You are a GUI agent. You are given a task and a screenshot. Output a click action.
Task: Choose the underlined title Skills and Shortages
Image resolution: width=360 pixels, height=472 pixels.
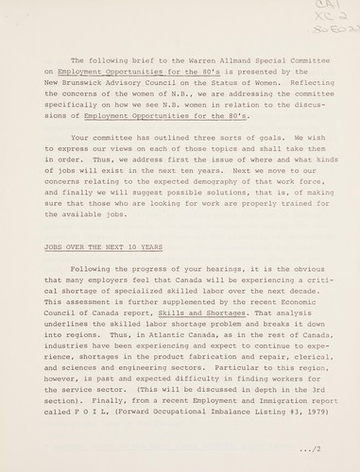pyautogui.click(x=184, y=326)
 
